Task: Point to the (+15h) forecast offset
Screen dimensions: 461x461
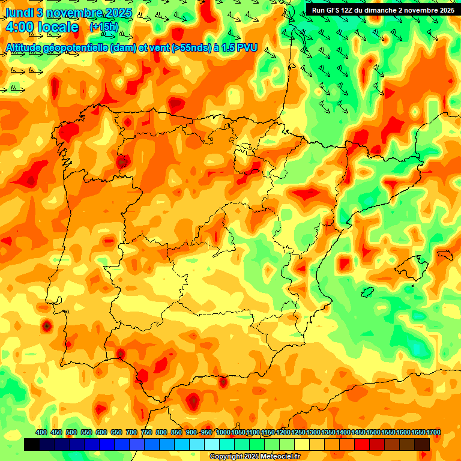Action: [x=104, y=26]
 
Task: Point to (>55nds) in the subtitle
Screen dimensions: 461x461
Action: [x=176, y=47]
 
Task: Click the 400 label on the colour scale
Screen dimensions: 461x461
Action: [x=41, y=433]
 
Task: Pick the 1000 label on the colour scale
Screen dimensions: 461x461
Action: [x=223, y=433]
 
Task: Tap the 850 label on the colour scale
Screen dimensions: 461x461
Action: [x=176, y=433]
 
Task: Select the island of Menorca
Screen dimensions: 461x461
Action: [x=445, y=255]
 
